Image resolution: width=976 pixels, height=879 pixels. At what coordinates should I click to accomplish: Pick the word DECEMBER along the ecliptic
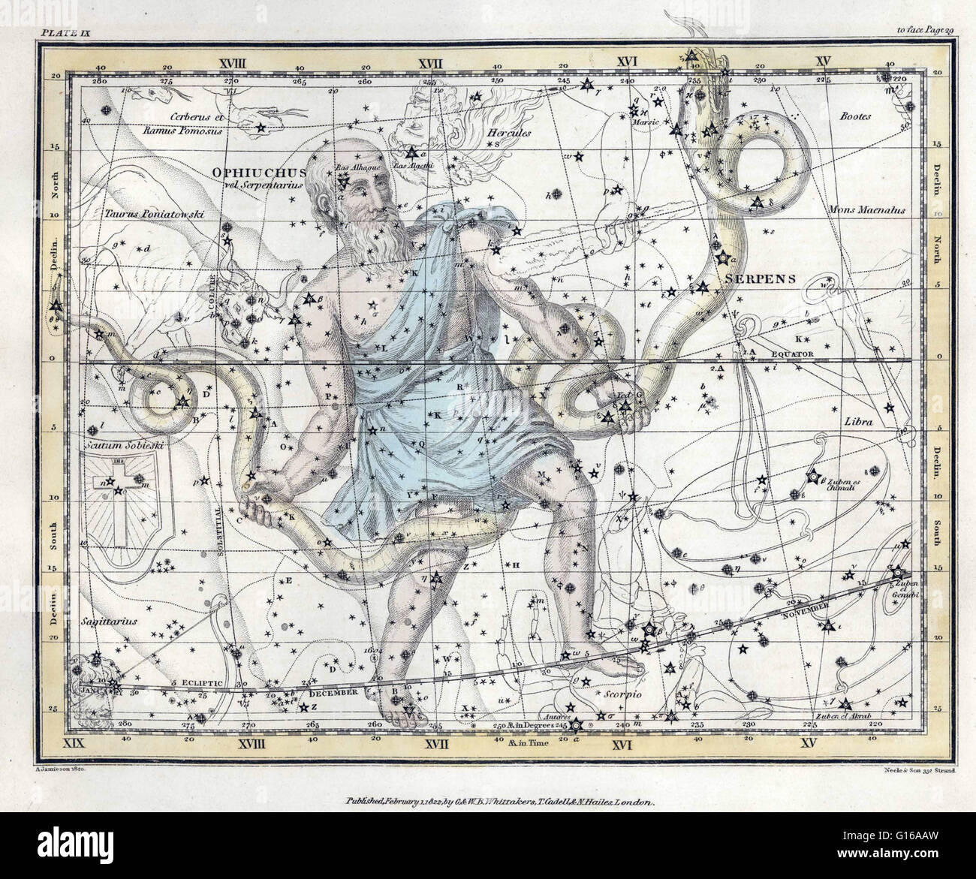click(336, 694)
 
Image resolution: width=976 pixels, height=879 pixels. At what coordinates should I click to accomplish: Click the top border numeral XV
click(824, 59)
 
